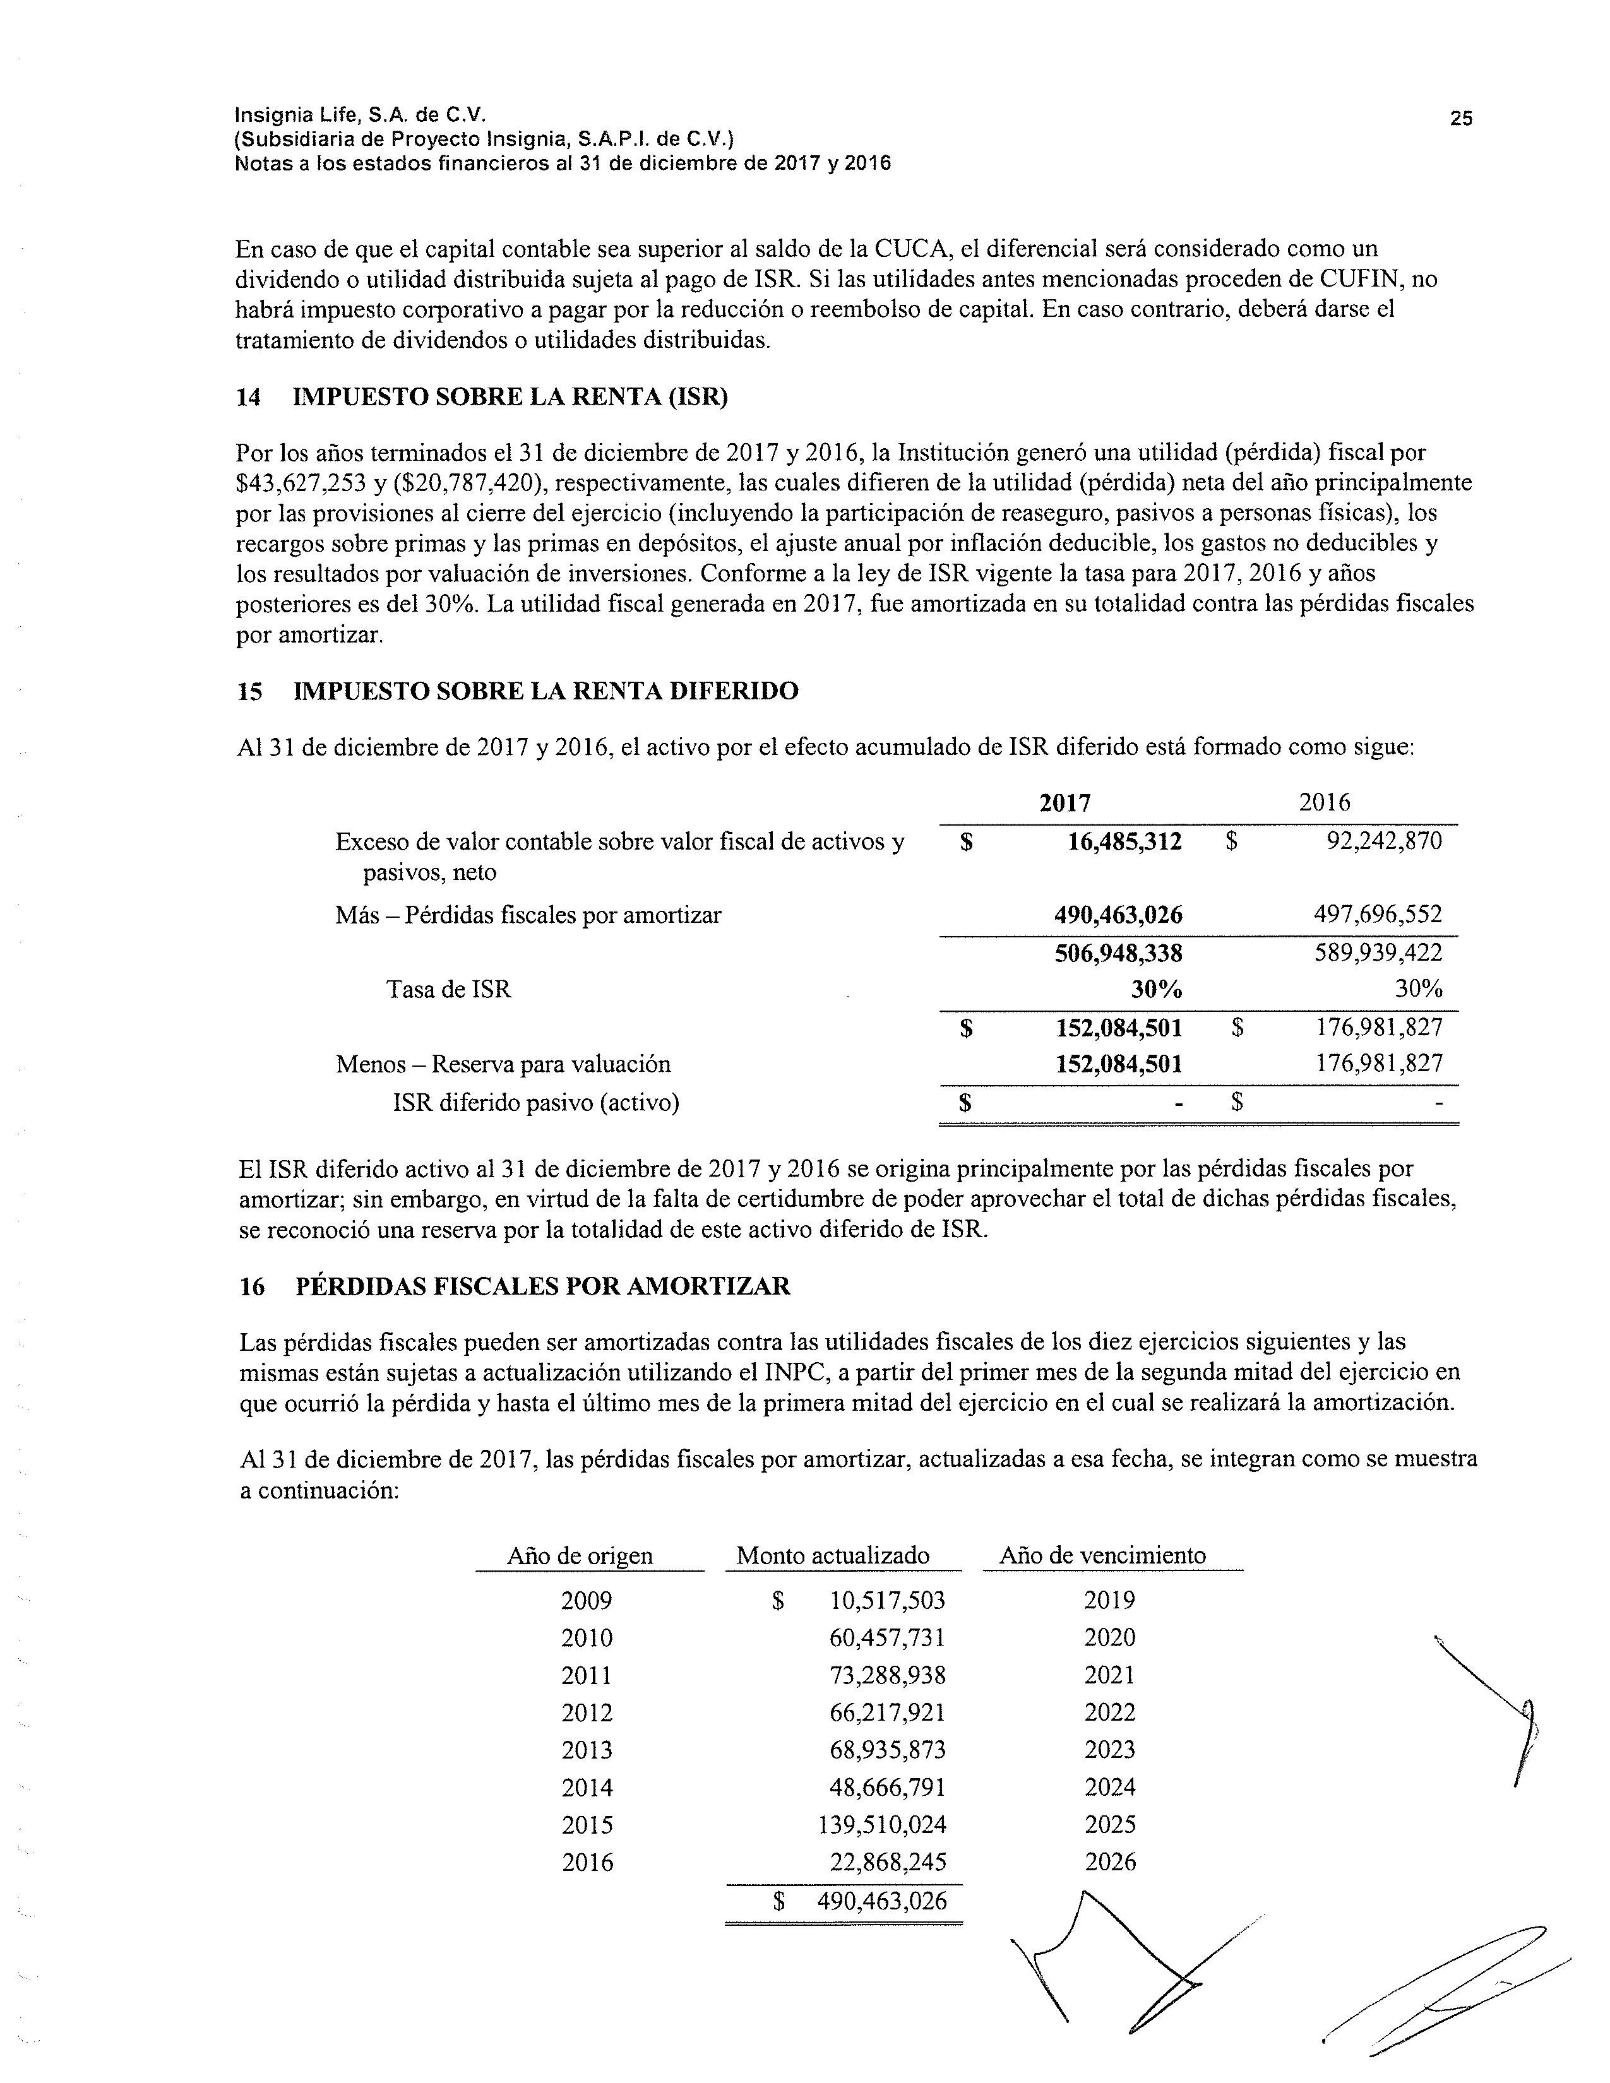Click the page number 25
[x=1460, y=118]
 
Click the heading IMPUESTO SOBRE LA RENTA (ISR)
[x=510, y=398]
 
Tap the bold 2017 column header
[x=1064, y=803]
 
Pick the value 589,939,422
[x=1378, y=952]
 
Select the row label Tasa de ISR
[x=450, y=990]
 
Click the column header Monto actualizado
[x=833, y=1555]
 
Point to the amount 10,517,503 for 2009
[x=887, y=1600]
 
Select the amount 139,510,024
[x=882, y=1825]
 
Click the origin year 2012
[x=587, y=1713]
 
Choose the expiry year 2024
[x=1110, y=1788]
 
